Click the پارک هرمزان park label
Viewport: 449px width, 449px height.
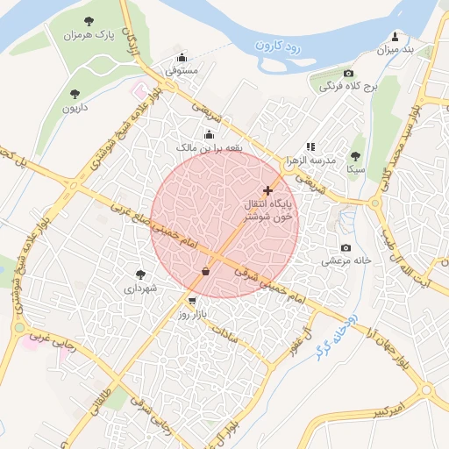coord(89,35)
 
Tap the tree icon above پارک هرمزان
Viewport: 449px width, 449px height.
coord(89,20)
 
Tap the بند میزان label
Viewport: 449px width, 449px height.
coord(395,50)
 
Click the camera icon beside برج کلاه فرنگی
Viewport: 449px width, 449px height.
coord(348,73)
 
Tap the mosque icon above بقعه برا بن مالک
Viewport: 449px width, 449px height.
coord(209,134)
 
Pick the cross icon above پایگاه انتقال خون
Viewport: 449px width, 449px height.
coord(267,190)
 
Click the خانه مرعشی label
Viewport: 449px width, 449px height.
coord(346,260)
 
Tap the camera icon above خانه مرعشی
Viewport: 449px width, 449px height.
coord(346,247)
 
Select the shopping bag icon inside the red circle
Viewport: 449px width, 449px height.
coord(205,271)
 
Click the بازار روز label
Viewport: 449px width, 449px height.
coord(191,313)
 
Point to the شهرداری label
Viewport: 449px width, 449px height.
coord(140,288)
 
